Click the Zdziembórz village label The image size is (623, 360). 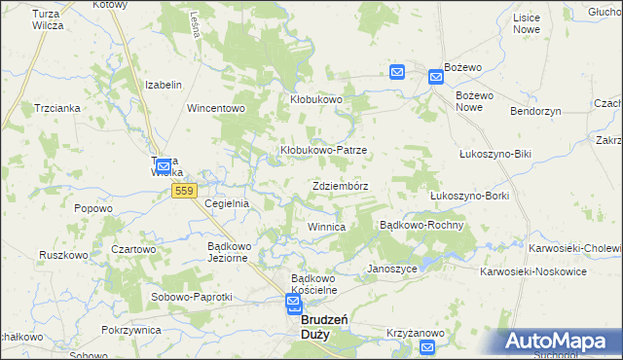point(340,185)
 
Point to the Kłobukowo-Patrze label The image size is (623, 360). point(323,151)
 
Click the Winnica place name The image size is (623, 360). point(326,227)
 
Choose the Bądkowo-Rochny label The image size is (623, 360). point(421,225)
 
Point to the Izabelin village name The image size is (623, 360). point(164,85)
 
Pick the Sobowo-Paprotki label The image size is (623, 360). point(191,297)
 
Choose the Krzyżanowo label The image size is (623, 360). point(416,333)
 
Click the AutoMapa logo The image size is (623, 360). point(562,342)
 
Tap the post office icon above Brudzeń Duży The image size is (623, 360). point(294,306)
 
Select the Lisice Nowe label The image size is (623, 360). point(527,24)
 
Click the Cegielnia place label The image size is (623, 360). point(227,203)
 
